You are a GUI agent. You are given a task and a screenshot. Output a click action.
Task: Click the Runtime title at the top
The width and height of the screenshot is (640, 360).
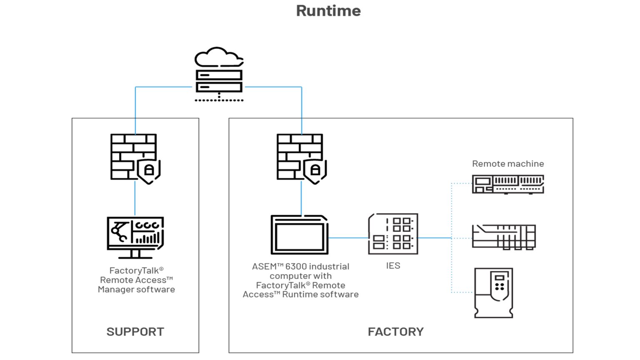[328, 11]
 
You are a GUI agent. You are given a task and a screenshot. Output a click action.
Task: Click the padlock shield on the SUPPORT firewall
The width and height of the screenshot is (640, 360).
[149, 171]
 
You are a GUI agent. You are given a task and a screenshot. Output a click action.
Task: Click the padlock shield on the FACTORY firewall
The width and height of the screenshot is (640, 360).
[315, 171]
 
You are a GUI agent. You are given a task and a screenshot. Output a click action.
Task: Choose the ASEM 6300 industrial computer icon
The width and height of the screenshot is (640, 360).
[299, 235]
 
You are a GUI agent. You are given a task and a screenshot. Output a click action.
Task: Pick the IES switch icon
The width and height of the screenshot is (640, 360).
[393, 234]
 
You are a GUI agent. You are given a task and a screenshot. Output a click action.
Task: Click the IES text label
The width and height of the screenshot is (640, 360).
[393, 266]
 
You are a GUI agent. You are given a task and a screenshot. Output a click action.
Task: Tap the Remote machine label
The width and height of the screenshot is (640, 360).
[507, 164]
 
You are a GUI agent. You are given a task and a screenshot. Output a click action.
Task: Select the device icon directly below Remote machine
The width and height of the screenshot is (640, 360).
[507, 184]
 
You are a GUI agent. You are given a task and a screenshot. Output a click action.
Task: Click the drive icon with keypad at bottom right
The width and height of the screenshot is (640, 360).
[494, 293]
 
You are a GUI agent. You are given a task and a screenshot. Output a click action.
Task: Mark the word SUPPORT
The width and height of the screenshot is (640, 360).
[135, 332]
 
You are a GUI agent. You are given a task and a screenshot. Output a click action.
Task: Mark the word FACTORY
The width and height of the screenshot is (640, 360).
[395, 332]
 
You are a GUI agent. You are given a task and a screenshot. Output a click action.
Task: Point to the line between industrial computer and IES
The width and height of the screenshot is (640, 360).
[348, 238]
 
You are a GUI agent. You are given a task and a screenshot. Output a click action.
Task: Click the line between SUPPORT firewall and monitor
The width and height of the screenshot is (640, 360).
[135, 198]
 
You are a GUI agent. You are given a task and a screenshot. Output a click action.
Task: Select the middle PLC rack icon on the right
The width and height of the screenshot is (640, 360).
[503, 237]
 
